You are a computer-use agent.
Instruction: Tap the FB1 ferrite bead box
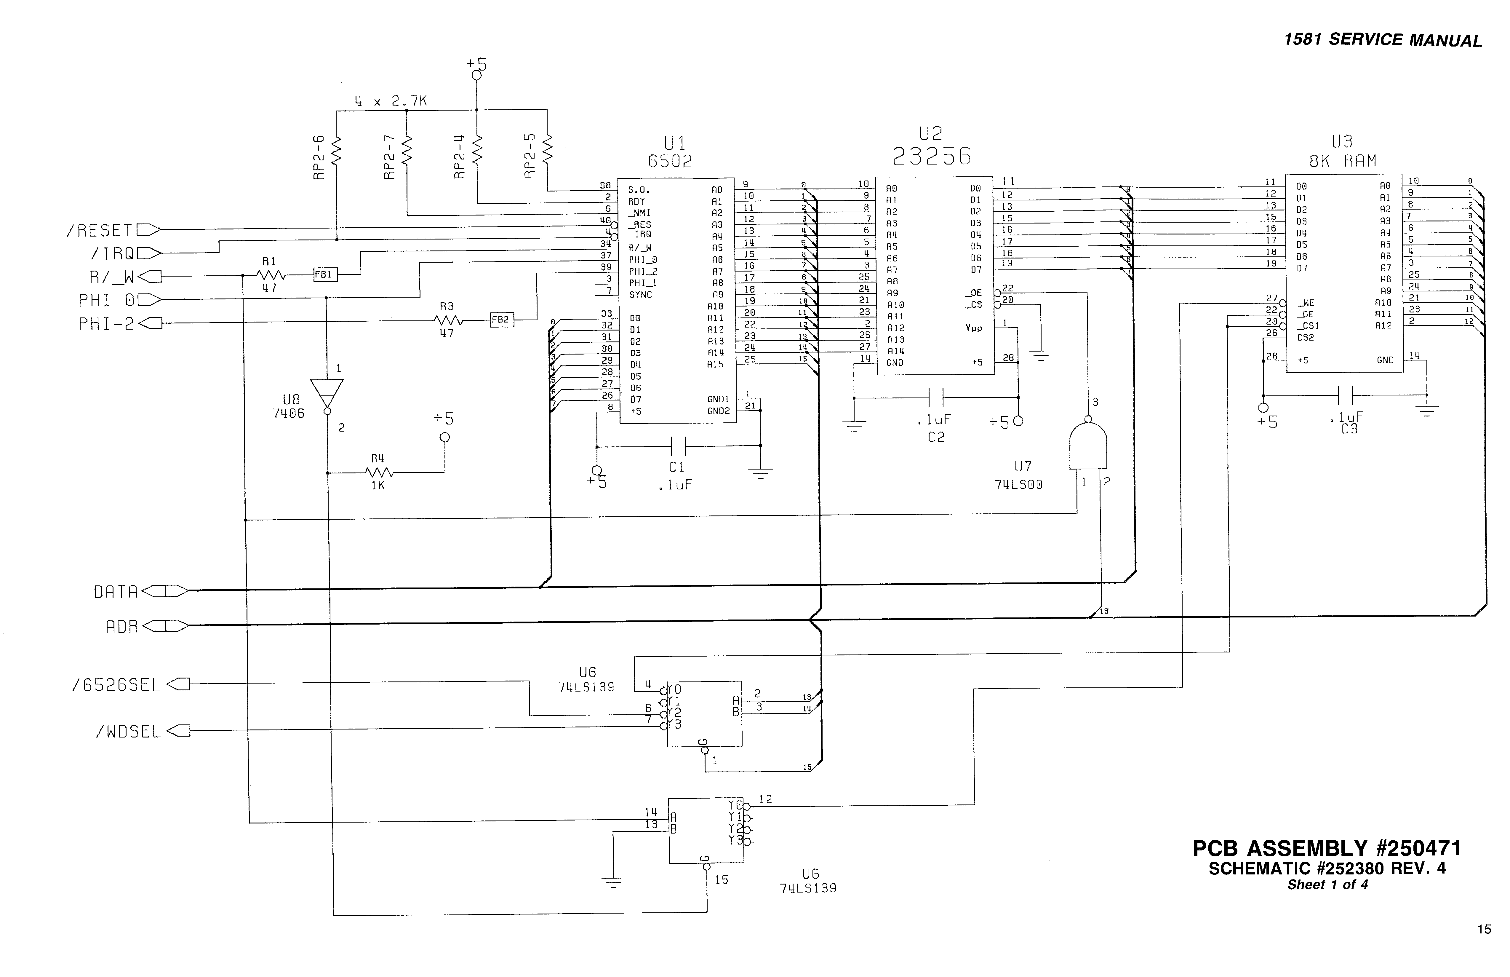coord(325,275)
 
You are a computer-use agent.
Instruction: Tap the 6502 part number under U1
coord(670,162)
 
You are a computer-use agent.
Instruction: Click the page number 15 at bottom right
coord(1484,929)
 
